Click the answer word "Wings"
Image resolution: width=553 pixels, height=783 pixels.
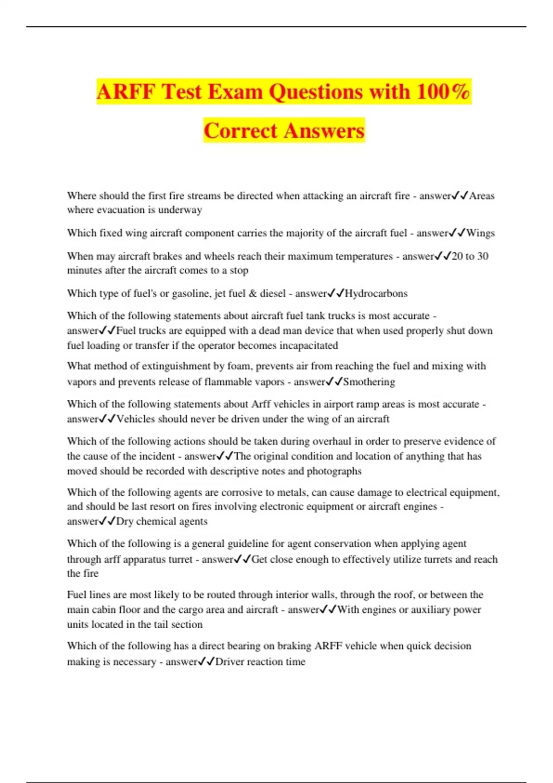coord(480,233)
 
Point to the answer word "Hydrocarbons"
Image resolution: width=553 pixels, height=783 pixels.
coord(376,293)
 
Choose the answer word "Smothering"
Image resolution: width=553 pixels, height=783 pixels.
coord(369,382)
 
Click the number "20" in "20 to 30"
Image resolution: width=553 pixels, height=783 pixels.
coord(457,256)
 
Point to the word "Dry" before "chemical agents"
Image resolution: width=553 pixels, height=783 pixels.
coord(124,521)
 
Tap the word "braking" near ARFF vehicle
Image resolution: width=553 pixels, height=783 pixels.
coord(294,646)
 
